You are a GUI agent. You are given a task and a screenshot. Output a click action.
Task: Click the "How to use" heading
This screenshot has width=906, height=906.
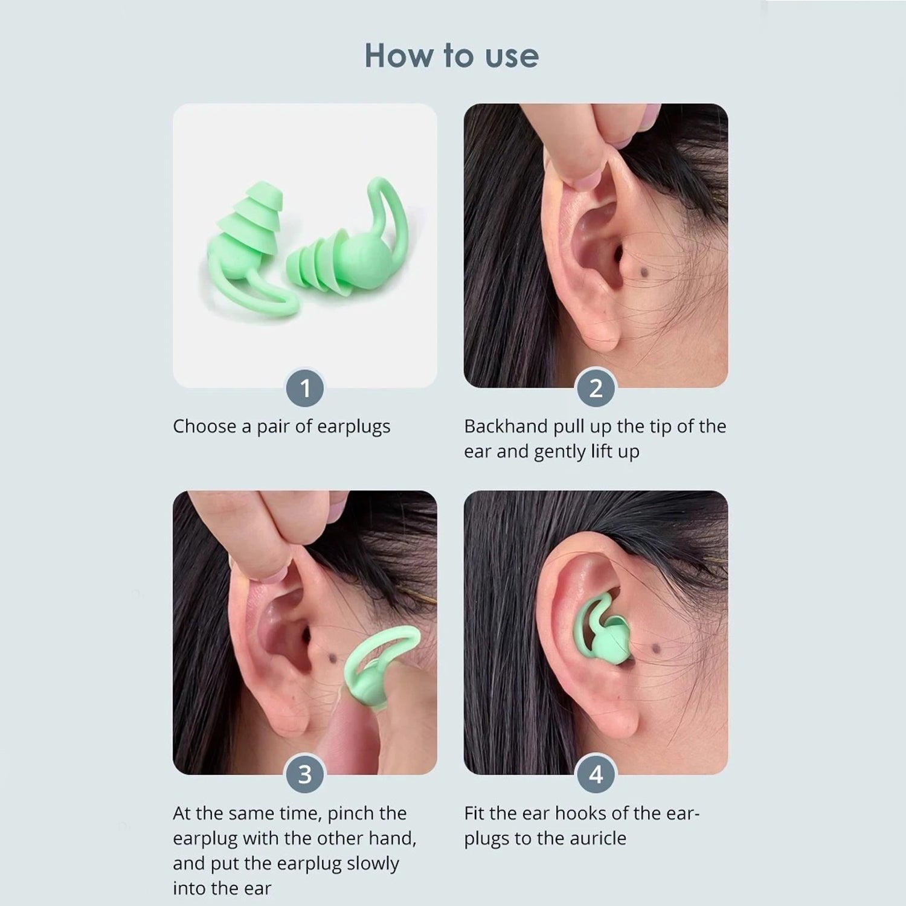pos(452,56)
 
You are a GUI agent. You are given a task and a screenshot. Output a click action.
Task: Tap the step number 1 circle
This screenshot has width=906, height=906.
pos(305,388)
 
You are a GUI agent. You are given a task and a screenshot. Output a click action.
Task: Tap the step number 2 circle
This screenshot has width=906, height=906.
pos(596,388)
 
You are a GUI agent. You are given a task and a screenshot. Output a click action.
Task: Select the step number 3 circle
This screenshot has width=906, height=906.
pos(305,774)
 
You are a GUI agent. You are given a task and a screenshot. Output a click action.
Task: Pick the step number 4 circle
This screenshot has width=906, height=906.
pos(596,774)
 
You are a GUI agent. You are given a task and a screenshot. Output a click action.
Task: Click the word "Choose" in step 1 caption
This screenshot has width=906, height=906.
pos(205,426)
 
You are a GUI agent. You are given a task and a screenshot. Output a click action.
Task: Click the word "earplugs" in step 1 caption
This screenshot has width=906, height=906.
pos(353,427)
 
